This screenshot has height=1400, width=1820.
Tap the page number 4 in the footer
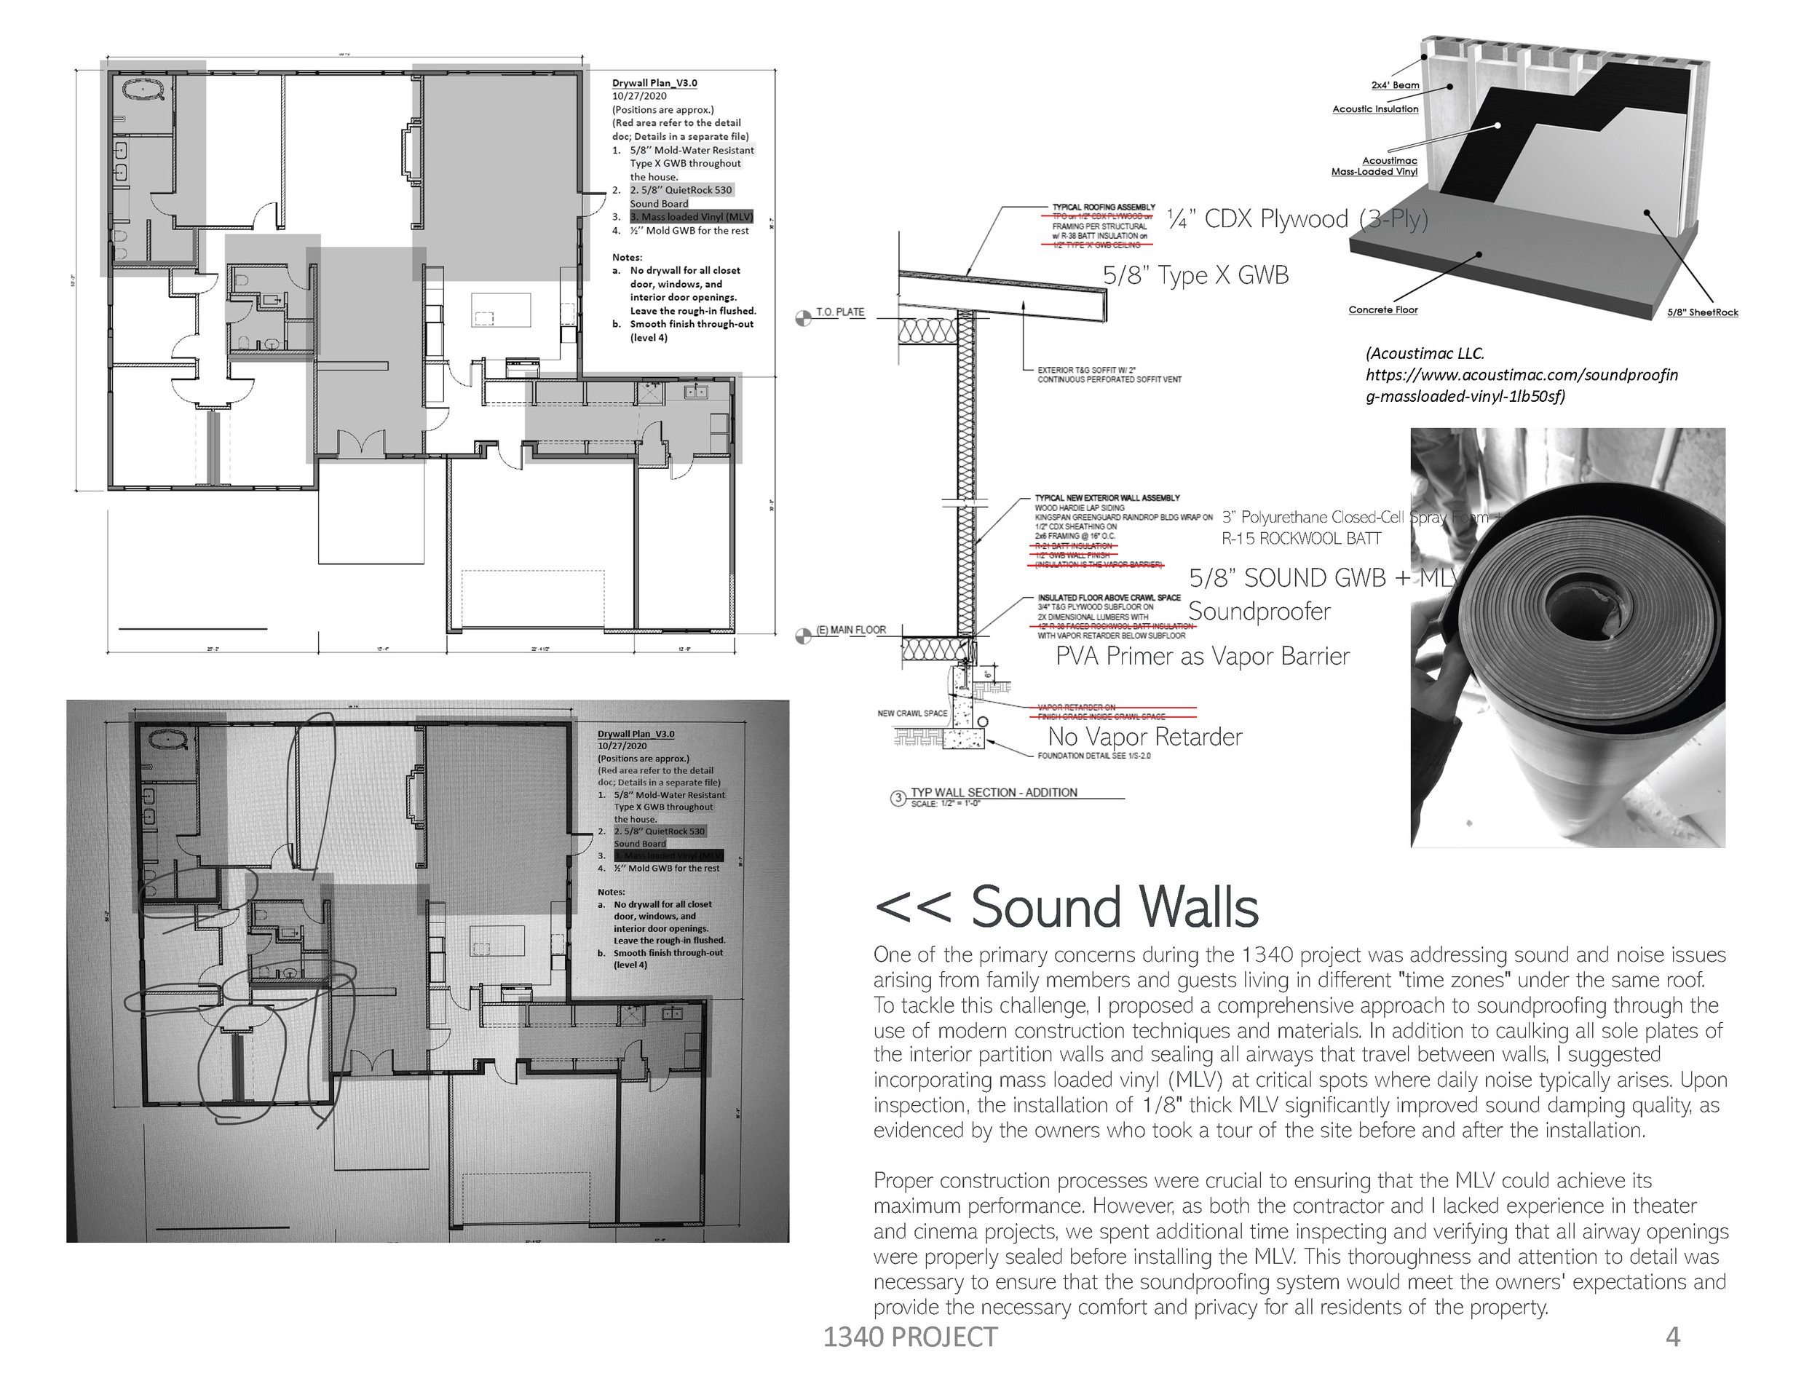(x=1672, y=1337)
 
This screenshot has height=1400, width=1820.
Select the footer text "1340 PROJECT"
(x=910, y=1337)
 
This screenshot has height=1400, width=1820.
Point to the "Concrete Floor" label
(x=1382, y=310)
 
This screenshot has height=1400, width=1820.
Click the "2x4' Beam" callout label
(x=1395, y=85)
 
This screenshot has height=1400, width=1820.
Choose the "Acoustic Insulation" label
(x=1375, y=109)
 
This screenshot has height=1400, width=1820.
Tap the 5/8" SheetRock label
(x=1703, y=312)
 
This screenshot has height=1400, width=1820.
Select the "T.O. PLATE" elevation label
(x=840, y=312)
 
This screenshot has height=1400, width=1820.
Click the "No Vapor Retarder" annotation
(x=1144, y=737)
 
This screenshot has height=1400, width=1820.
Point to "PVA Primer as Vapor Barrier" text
(x=1202, y=657)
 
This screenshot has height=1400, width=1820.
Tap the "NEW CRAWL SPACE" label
(x=911, y=713)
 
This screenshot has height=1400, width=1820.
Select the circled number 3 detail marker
(x=898, y=799)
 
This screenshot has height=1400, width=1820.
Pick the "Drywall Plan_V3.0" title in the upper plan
(x=654, y=83)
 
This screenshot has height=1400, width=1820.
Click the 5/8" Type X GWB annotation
(x=1195, y=276)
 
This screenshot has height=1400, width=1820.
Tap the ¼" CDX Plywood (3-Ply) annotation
(x=1297, y=219)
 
